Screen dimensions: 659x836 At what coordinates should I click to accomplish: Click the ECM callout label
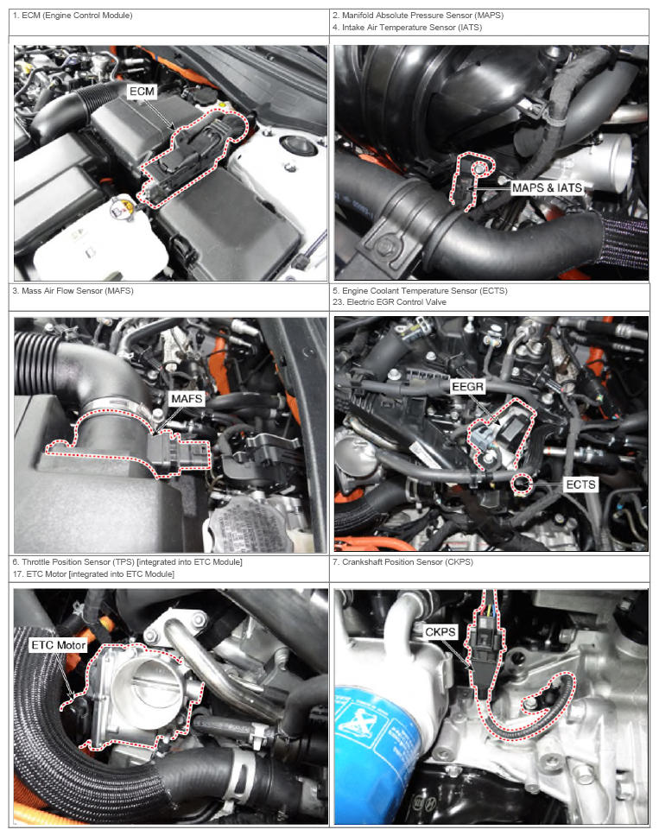point(142,92)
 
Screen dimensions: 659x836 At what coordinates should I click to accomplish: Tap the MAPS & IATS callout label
point(547,187)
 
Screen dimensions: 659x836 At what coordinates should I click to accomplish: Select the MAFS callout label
point(187,399)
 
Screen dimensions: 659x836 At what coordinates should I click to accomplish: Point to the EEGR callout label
point(467,387)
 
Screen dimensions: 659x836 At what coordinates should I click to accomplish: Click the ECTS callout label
point(580,484)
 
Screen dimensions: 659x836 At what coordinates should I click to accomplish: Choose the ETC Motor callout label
point(58,645)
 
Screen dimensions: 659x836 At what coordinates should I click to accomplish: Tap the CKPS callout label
point(440,632)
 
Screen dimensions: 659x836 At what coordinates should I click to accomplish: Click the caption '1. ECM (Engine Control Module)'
point(73,16)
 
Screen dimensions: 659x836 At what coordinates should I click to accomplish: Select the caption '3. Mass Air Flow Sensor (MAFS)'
point(73,290)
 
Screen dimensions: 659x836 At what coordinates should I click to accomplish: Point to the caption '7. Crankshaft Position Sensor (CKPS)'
point(402,562)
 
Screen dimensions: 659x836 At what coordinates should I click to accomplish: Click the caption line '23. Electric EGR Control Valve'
point(390,301)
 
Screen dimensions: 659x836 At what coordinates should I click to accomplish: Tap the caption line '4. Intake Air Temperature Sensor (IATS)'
point(408,27)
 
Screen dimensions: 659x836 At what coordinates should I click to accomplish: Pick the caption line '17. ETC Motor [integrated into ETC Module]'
point(93,574)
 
